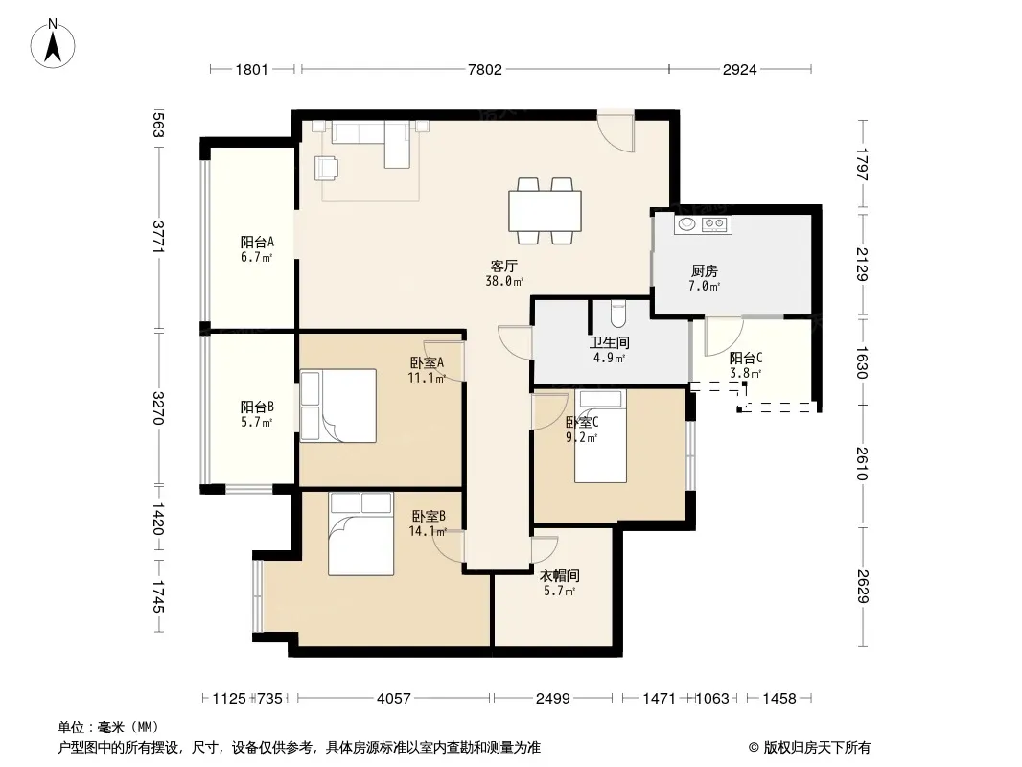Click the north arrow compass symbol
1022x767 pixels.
pyautogui.click(x=53, y=44)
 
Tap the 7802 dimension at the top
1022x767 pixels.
pyautogui.click(x=485, y=70)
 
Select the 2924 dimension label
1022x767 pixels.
pyautogui.click(x=739, y=70)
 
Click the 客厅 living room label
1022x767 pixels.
pyautogui.click(x=504, y=266)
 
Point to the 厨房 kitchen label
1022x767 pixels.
pyautogui.click(x=704, y=270)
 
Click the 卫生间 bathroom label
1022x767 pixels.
pyautogui.click(x=610, y=342)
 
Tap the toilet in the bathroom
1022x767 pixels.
pyautogui.click(x=617, y=314)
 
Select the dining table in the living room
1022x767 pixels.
pyautogui.click(x=545, y=211)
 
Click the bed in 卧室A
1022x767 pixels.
pyautogui.click(x=338, y=406)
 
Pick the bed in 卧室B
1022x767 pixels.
pyautogui.click(x=361, y=534)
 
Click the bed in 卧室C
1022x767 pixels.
pyautogui.click(x=600, y=436)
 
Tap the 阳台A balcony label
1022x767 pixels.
pyautogui.click(x=257, y=242)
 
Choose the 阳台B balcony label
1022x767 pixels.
pyautogui.click(x=257, y=407)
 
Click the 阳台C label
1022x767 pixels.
pyautogui.click(x=746, y=358)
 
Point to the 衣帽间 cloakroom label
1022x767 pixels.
pyautogui.click(x=560, y=576)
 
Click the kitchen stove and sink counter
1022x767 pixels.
pyautogui.click(x=703, y=224)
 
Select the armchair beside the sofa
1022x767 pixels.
pyautogui.click(x=326, y=168)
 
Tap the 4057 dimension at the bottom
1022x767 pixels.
pyautogui.click(x=394, y=699)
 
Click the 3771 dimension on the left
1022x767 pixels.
pyautogui.click(x=158, y=237)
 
